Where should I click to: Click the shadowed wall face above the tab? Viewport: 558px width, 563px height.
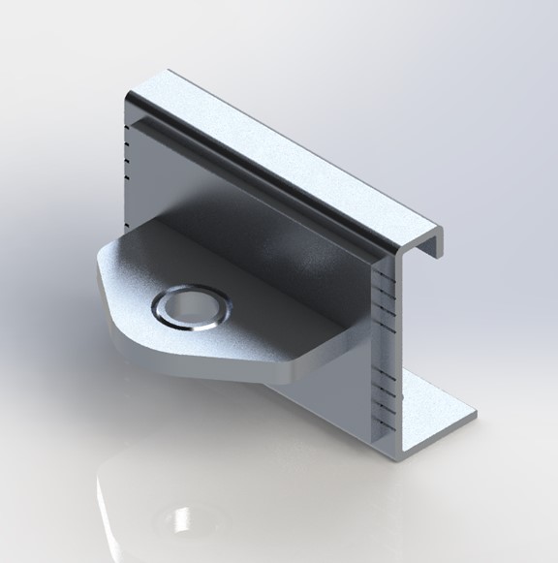(291, 242)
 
